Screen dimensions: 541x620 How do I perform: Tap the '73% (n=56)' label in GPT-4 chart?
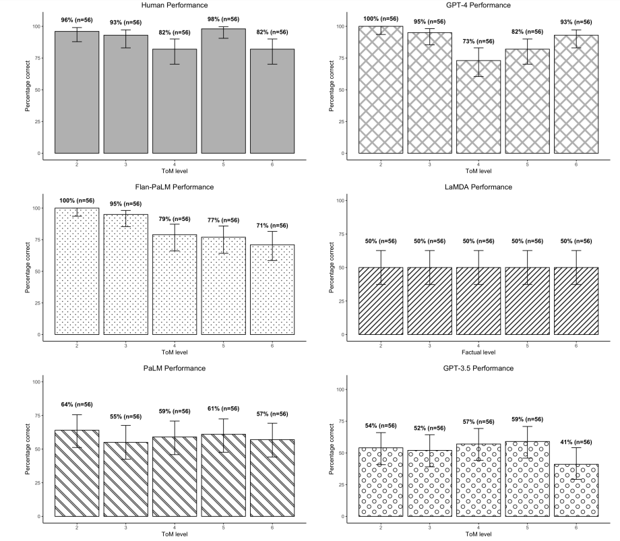(478, 42)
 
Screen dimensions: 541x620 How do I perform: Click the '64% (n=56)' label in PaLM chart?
(77, 404)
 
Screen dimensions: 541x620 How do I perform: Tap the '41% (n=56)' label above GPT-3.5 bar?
(576, 442)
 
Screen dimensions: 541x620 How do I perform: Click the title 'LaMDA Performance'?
(478, 187)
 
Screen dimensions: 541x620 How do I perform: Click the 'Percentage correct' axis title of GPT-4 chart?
(332, 90)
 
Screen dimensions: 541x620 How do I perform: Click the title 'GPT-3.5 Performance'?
(478, 369)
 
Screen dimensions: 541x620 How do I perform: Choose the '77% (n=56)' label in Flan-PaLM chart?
(223, 220)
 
